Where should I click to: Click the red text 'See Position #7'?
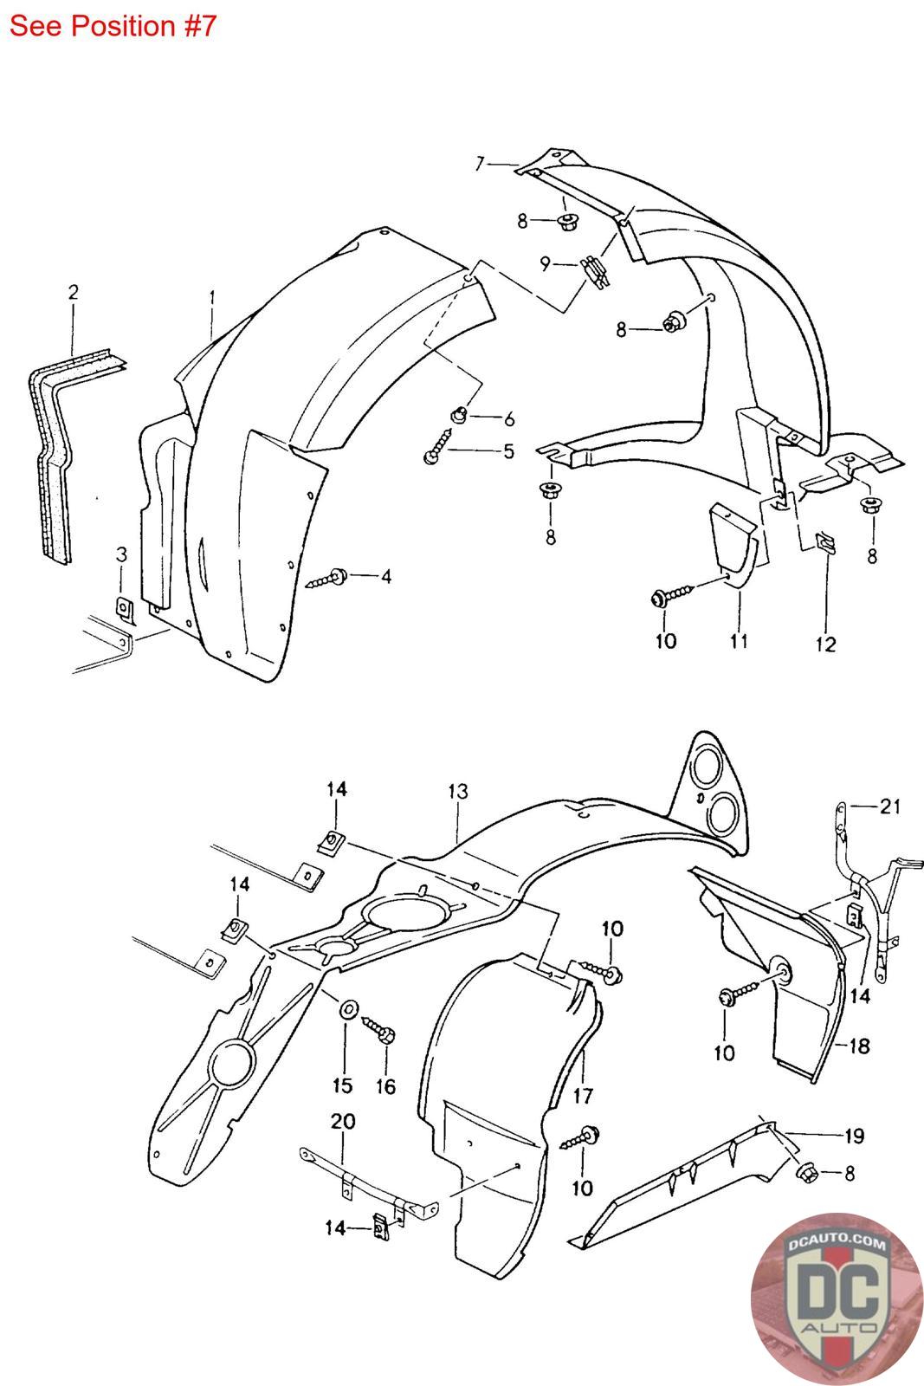(113, 26)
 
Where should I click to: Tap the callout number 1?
(212, 296)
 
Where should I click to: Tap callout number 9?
(545, 263)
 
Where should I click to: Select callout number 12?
(825, 644)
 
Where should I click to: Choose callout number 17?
(583, 1095)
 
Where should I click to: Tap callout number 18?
(858, 1046)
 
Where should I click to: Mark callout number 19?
(854, 1136)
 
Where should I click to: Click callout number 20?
(343, 1121)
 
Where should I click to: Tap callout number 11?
(738, 641)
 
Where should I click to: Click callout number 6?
(508, 419)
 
